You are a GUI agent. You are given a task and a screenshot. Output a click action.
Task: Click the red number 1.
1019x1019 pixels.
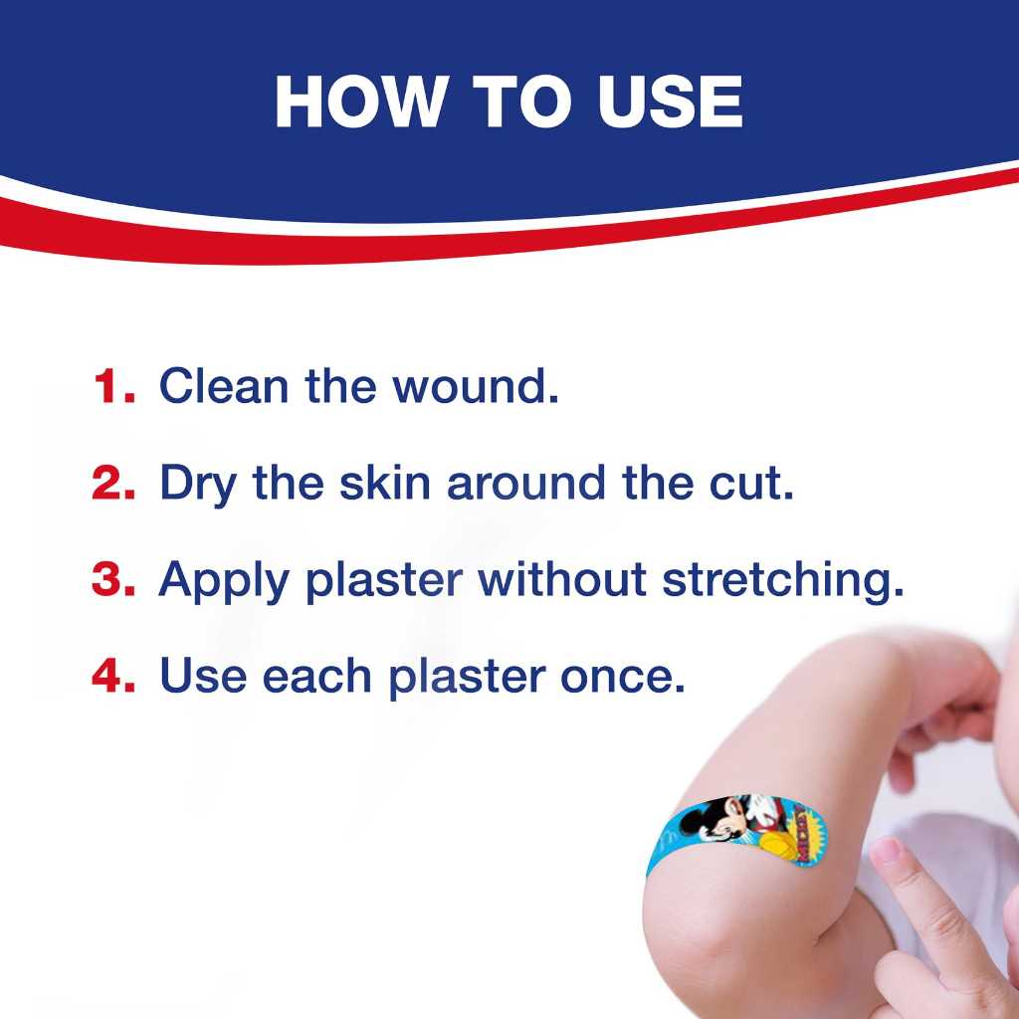[x=112, y=386]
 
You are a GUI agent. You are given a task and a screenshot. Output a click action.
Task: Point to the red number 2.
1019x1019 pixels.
[x=112, y=483]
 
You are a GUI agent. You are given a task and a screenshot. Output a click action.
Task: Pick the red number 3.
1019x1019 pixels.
[x=112, y=580]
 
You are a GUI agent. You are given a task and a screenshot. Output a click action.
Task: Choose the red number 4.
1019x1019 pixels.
[x=112, y=677]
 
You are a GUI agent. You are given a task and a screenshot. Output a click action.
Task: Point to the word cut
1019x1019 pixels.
[x=757, y=483]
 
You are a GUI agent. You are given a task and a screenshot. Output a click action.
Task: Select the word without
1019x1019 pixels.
[x=562, y=580]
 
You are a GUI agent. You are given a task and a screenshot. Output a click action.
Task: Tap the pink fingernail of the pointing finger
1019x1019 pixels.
[x=885, y=852]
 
